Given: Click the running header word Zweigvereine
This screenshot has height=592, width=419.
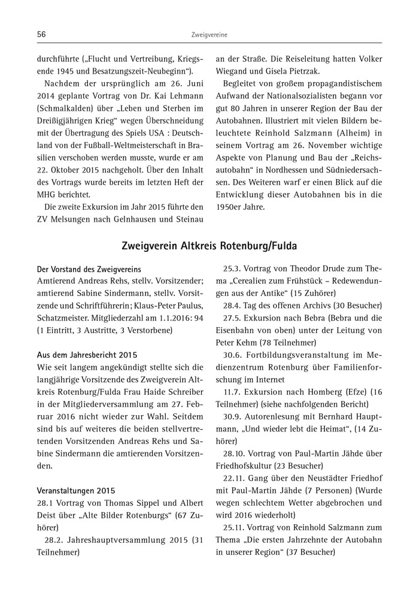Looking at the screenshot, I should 209,35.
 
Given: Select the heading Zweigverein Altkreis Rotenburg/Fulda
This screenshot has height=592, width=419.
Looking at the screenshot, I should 209,246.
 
